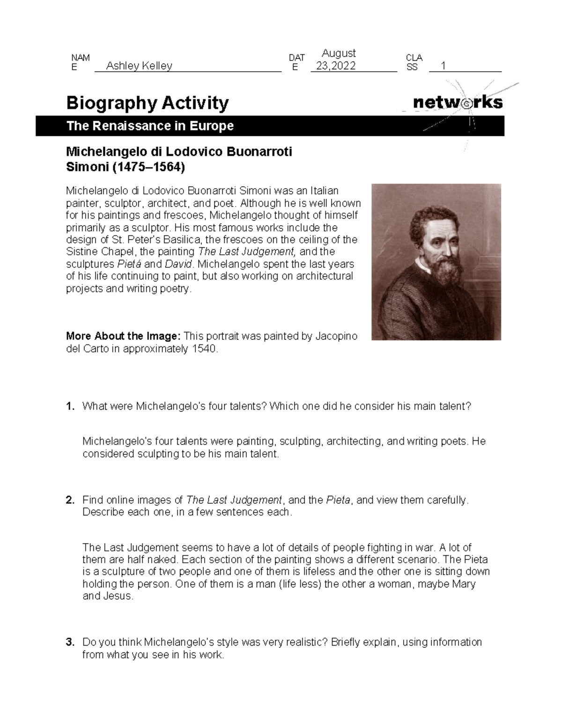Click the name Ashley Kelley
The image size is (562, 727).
(139, 66)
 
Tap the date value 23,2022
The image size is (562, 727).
(336, 66)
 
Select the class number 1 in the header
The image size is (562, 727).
(443, 66)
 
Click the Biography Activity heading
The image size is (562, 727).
(148, 103)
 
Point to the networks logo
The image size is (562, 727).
(458, 103)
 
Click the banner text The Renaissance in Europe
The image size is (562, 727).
(150, 126)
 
